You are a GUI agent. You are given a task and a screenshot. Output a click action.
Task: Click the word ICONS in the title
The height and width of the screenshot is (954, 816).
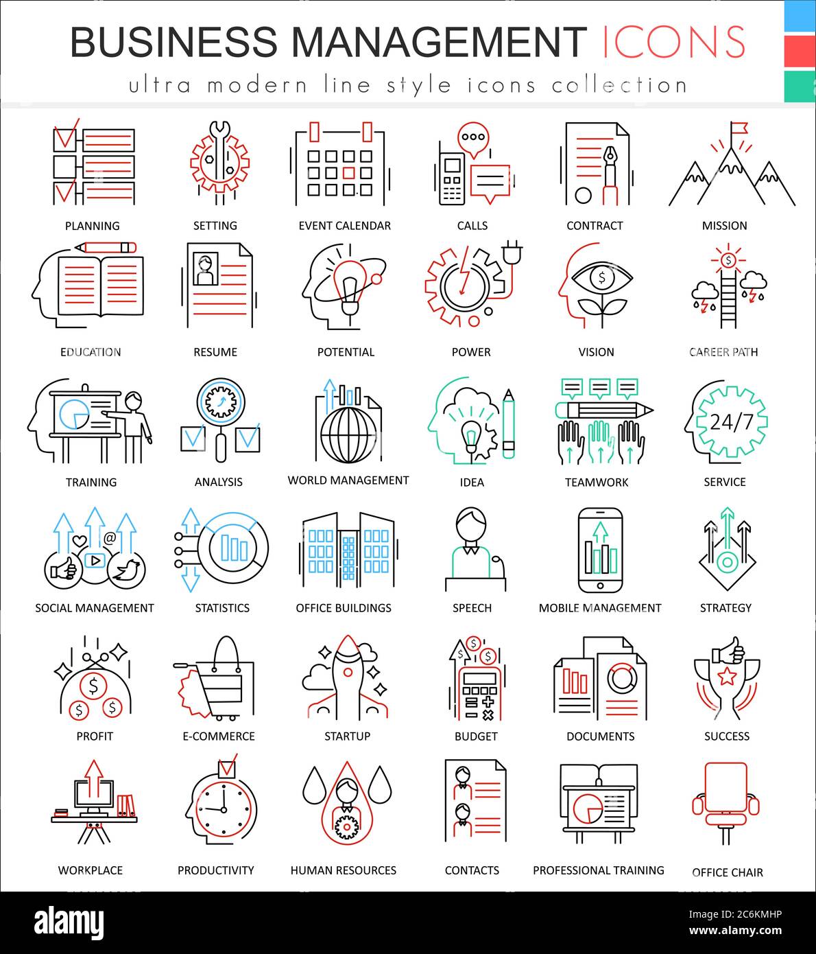pos(674,42)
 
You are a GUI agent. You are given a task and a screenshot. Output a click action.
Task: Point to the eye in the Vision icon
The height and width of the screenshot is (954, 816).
pos(601,278)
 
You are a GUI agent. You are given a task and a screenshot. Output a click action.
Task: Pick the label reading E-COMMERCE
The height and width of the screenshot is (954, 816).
pos(218,736)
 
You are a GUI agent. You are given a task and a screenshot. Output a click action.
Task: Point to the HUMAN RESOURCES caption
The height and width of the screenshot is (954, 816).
pos(343,870)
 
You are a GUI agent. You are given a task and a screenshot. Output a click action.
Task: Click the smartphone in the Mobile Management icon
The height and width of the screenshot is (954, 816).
pos(600,550)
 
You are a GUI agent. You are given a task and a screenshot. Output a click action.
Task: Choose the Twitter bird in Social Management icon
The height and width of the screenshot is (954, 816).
pos(128,570)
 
